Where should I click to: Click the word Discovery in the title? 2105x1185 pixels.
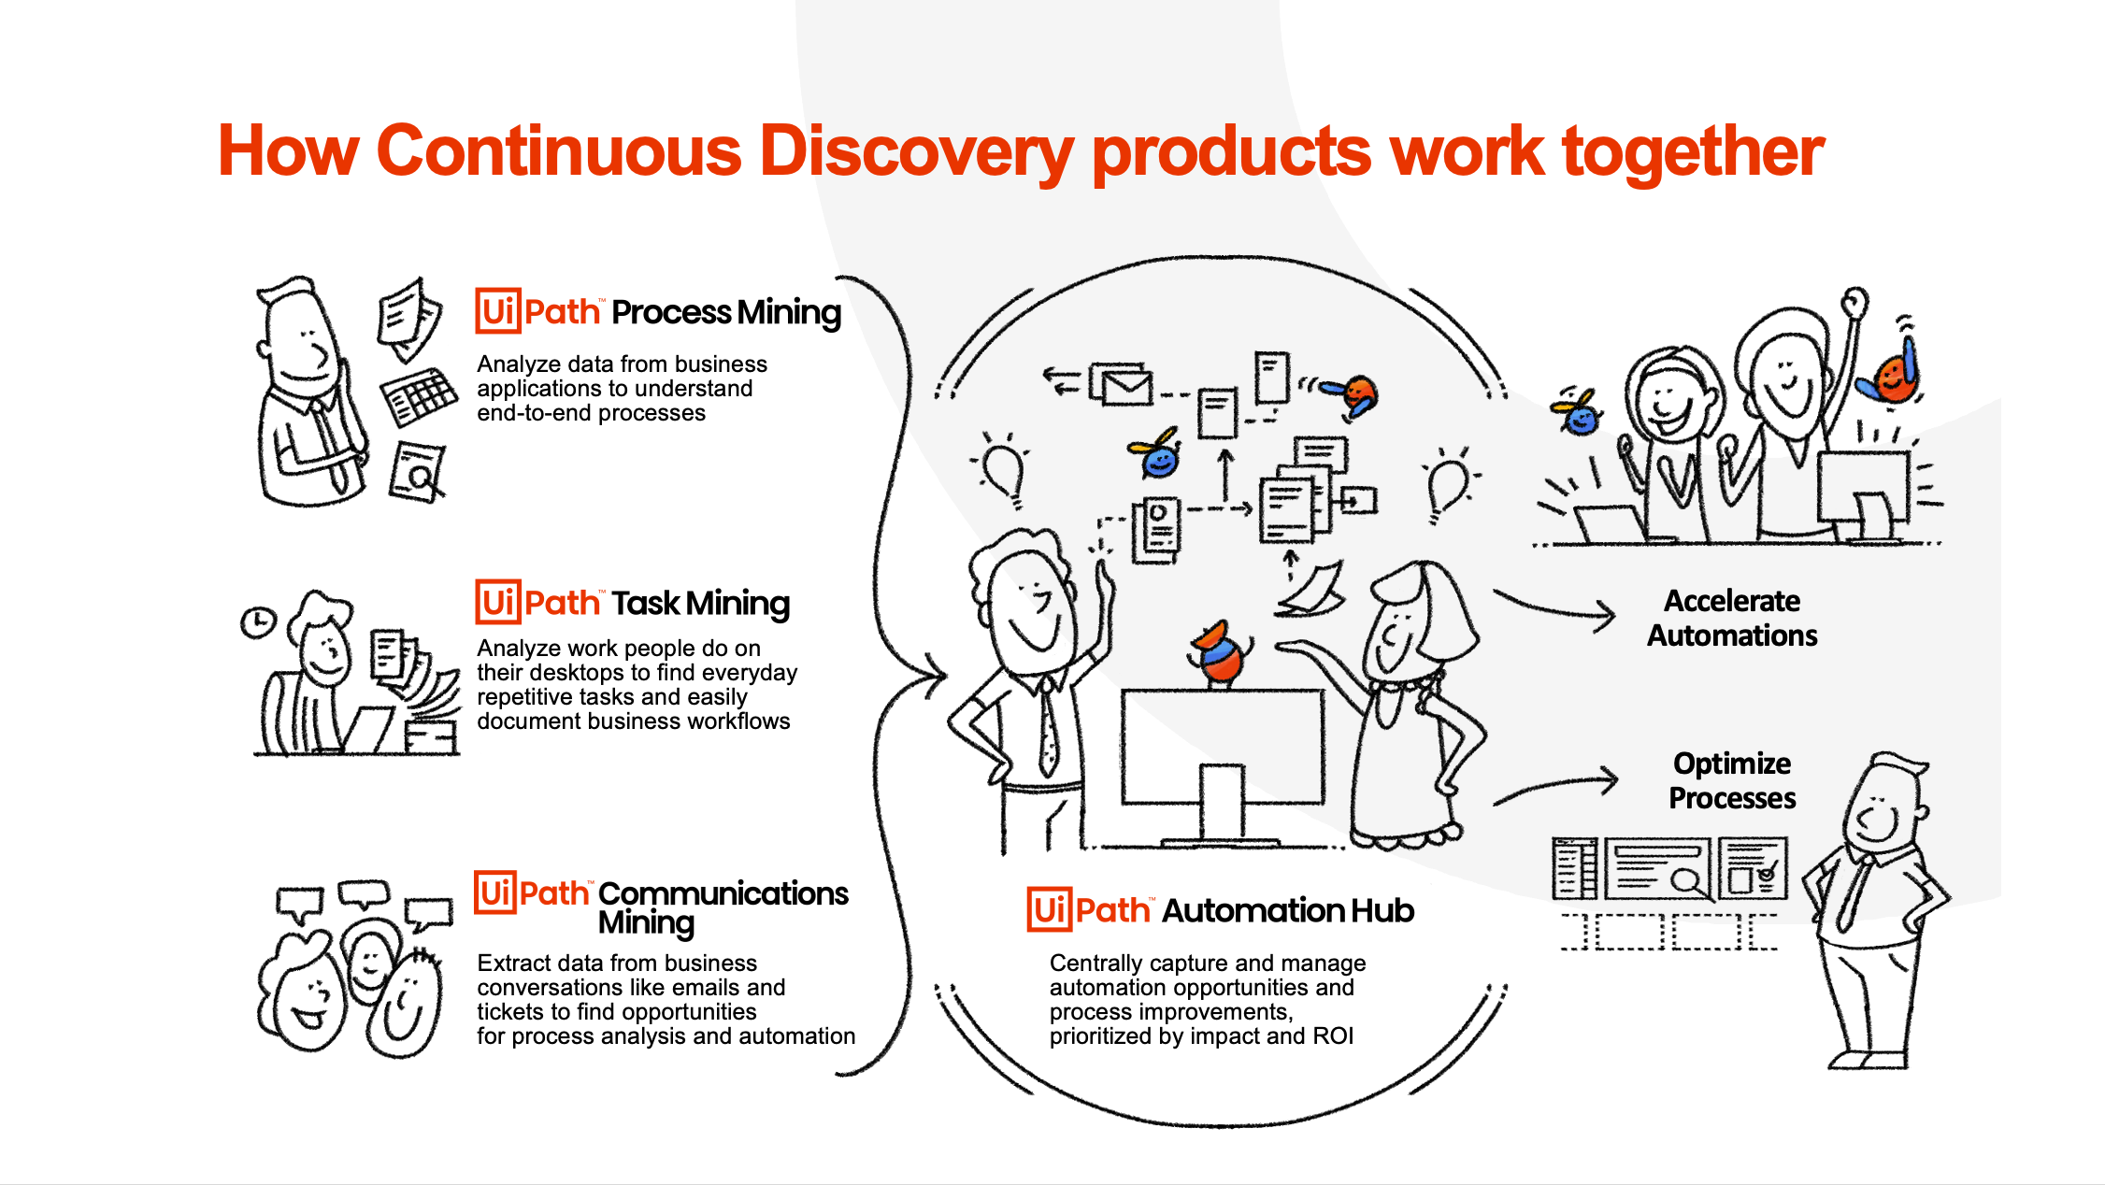point(915,151)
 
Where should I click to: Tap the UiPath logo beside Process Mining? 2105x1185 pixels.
point(538,311)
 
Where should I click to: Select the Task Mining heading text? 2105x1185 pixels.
point(701,604)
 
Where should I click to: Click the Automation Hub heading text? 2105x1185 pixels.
point(1288,910)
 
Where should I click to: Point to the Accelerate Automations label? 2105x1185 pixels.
point(1732,618)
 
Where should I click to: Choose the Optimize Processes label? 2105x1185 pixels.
point(1732,780)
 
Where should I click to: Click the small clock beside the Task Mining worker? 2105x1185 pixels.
point(258,621)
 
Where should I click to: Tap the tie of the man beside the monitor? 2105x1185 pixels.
point(1049,729)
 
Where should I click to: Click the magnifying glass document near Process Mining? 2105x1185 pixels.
point(418,472)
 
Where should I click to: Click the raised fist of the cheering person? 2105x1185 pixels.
point(1854,303)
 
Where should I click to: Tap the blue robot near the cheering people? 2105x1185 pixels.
point(1579,412)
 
